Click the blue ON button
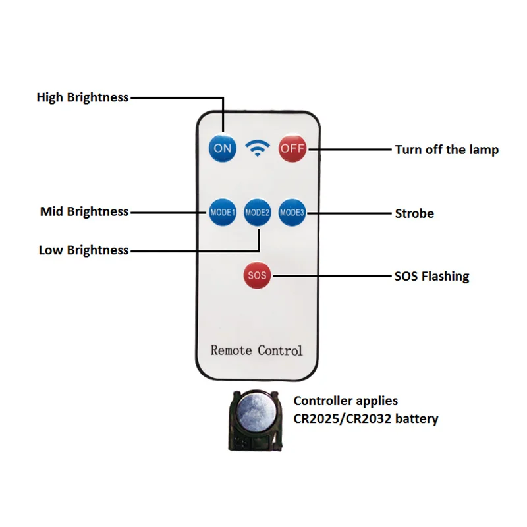point(223,148)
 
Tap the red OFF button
point(292,148)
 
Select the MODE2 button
point(257,213)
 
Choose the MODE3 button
point(291,213)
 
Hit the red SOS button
point(257,275)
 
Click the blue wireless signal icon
point(257,148)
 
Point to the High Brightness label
point(82,97)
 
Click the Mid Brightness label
point(84,211)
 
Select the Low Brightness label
point(84,250)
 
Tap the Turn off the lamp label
point(447,150)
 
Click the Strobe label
point(414,213)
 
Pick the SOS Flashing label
point(431,276)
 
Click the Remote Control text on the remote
point(256,350)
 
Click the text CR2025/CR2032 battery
point(366,418)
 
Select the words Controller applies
point(345,401)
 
